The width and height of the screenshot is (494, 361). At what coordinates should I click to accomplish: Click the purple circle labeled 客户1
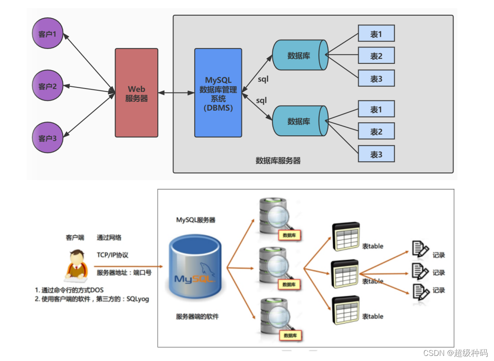pyautogui.click(x=47, y=34)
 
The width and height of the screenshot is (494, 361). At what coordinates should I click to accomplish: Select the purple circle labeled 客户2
pyautogui.click(x=47, y=86)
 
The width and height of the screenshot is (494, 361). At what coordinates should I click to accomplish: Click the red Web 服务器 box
pyautogui.click(x=136, y=93)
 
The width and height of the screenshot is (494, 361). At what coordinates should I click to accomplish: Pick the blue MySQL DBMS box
pyautogui.click(x=218, y=93)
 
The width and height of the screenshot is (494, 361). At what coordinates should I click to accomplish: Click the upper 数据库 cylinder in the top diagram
pyautogui.click(x=300, y=55)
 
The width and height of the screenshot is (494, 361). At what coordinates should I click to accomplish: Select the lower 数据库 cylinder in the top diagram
pyautogui.click(x=300, y=121)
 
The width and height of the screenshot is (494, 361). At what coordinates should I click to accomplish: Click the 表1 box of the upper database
pyautogui.click(x=376, y=33)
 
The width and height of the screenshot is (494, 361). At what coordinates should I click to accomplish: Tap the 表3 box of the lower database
pyautogui.click(x=376, y=154)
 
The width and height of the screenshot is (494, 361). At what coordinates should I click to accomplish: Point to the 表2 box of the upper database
pyautogui.click(x=376, y=56)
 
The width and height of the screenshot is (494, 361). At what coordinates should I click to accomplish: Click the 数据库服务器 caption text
pyautogui.click(x=278, y=161)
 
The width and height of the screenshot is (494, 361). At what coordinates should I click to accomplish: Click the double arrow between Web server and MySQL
pyautogui.click(x=176, y=92)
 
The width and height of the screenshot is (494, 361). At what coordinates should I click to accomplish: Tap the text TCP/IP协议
pyautogui.click(x=113, y=255)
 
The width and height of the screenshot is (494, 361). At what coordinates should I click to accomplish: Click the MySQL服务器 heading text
pyautogui.click(x=196, y=220)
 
